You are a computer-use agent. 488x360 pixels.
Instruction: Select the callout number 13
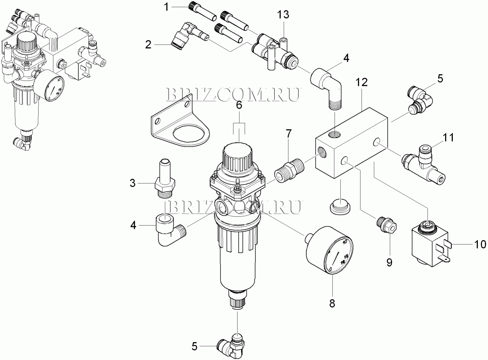coord(283,14)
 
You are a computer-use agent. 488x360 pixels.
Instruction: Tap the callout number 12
coord(362,82)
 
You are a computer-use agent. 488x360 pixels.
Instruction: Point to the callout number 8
coord(332,303)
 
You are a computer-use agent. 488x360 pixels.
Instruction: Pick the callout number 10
coord(480,244)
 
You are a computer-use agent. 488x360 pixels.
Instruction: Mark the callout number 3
coord(133,183)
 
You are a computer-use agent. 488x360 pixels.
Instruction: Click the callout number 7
coord(288,134)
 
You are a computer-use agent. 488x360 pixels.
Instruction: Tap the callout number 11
coord(448,137)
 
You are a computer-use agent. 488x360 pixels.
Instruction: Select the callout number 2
coord(148,45)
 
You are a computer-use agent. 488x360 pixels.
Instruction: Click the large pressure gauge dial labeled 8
coord(329,250)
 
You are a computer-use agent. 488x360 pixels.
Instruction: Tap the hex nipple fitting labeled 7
coord(289,170)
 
